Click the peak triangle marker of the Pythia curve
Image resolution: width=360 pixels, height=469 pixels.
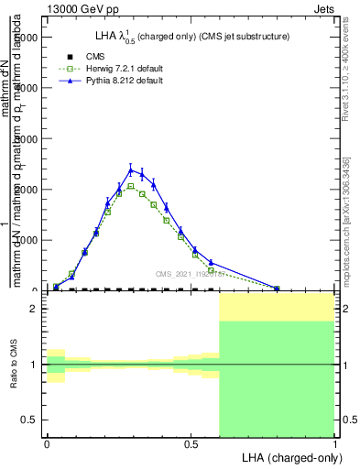pos(131,169)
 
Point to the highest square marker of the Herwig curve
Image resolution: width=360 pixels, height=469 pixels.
pos(131,186)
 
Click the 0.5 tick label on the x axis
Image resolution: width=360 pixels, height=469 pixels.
pos(191,444)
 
